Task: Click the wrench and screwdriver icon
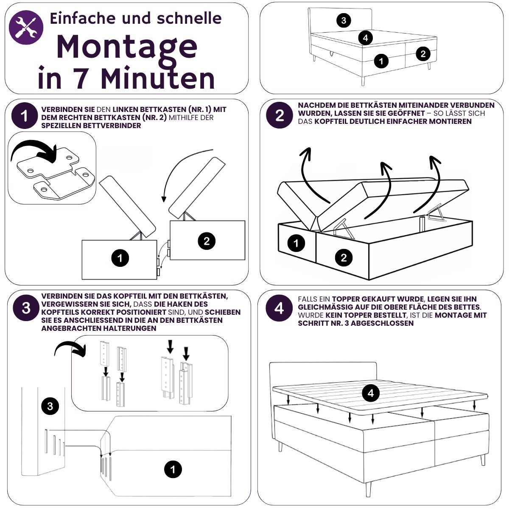pos(26,27)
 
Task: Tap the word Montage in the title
pos(127,47)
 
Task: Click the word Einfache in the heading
pos(83,18)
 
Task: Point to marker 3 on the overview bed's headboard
pos(344,20)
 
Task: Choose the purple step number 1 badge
pos(25,116)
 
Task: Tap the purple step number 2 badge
pos(280,115)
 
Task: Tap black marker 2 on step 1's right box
pos(207,241)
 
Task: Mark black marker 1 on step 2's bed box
pos(296,243)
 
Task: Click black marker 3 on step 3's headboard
pos(50,407)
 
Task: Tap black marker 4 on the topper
pos(371,393)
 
